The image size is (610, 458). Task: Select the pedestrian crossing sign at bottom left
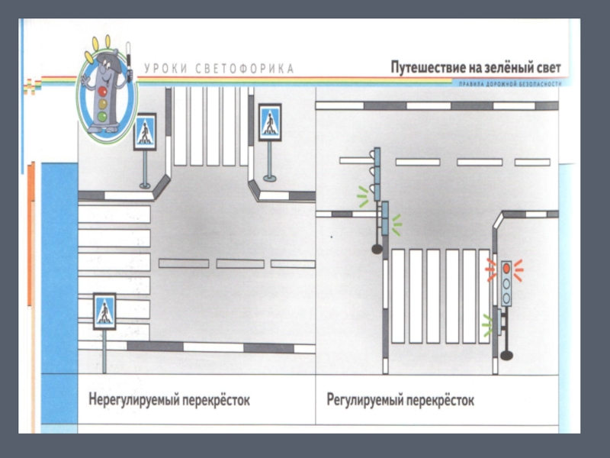coord(103,311)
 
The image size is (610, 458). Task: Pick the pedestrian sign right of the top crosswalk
coord(269,121)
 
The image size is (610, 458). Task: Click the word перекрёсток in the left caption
coord(217,399)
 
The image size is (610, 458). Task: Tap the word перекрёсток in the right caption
coord(441,399)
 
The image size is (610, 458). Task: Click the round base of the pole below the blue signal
coord(376,248)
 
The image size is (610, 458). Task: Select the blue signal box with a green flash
coord(385,220)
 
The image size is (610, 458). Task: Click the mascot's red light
coord(102,90)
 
